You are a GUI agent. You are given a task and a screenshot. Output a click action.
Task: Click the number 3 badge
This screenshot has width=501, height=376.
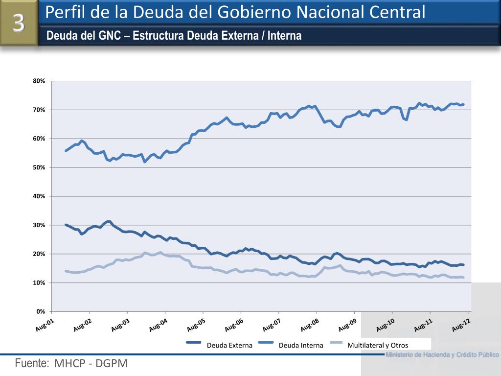pos(19,23)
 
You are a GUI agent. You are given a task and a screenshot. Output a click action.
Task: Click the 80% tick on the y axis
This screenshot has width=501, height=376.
pos(40,81)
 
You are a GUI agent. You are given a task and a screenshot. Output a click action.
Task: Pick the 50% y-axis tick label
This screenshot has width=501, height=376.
pos(40,167)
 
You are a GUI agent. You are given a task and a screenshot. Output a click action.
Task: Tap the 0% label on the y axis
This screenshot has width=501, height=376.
pos(41,311)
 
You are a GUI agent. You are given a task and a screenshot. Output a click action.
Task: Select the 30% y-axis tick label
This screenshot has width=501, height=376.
pos(40,225)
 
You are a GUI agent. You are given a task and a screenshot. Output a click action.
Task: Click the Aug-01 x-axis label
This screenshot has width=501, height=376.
pos(45,325)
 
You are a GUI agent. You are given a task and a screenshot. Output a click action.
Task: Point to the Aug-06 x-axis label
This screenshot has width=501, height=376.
pos(234,325)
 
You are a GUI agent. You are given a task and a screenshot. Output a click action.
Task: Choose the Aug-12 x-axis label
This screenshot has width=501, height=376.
pos(461,325)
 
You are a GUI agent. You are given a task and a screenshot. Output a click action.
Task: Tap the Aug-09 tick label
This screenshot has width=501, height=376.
pos(347,325)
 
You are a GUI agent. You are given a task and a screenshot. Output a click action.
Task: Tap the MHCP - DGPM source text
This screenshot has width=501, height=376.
pos(91,364)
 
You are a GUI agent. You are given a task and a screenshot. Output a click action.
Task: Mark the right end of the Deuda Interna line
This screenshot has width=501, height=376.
pos(463,104)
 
